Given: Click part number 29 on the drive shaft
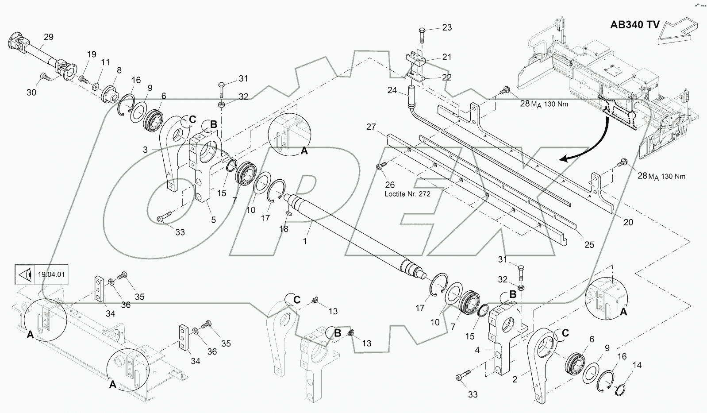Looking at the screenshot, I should [49, 37].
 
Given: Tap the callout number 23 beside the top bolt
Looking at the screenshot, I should [447, 27].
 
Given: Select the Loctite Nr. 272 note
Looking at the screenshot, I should [407, 194].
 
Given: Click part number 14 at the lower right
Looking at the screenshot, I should [637, 366].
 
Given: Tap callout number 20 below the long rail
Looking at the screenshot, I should [628, 222].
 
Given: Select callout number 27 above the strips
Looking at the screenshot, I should [371, 127].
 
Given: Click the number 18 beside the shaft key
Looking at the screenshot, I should [284, 229].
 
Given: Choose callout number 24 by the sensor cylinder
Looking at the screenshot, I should [392, 90].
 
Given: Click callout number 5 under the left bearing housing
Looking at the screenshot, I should [213, 220].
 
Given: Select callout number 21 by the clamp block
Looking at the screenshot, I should [447, 57].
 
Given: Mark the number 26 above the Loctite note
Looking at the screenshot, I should [389, 185].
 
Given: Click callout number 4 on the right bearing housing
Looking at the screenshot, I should [477, 350].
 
